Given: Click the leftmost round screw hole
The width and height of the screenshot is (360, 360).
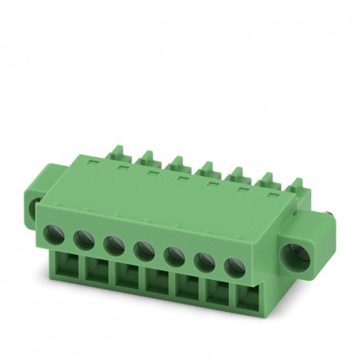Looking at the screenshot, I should (57, 233).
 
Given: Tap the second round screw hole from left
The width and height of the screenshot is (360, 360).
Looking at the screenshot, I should (84, 238).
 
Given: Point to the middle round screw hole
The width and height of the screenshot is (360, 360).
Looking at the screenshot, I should (143, 251).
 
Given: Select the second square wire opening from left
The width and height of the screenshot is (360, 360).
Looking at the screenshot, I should (97, 273).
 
